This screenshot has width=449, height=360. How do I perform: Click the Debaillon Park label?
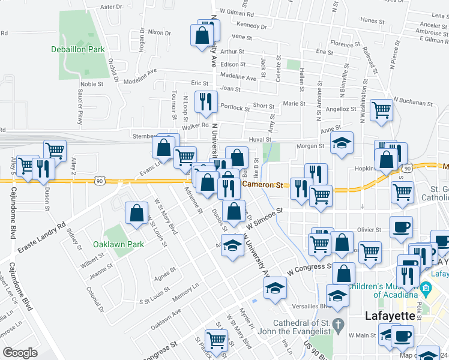coord(78,49)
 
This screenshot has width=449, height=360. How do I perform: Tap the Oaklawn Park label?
coord(118,244)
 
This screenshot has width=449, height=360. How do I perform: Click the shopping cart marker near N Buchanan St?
coord(381,110)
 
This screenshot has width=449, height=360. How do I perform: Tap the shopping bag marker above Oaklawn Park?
coord(137,212)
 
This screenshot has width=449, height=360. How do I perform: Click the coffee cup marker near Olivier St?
coord(401,227)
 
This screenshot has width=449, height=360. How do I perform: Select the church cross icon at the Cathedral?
coord(338,327)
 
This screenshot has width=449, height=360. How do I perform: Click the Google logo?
coord(20,352)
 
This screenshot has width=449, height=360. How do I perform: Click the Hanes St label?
coord(372,20)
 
